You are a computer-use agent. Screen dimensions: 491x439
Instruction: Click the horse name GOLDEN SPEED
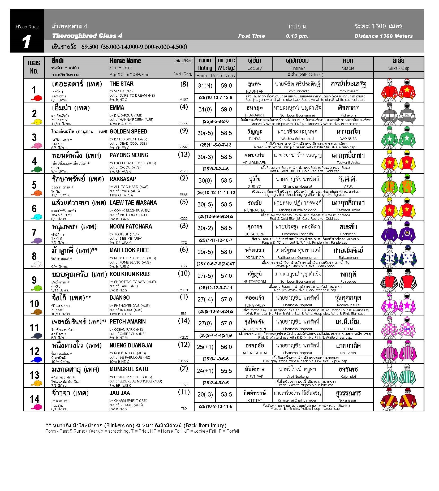tap(128, 132)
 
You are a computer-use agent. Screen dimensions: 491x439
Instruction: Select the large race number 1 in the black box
tap(27, 42)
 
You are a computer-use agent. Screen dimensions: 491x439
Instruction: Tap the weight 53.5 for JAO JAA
tap(226, 394)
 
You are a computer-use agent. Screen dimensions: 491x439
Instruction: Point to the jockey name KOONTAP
tap(255, 91)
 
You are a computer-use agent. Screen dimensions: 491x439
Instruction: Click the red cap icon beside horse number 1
tap(36, 98)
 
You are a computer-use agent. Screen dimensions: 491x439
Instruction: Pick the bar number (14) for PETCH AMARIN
tap(184, 321)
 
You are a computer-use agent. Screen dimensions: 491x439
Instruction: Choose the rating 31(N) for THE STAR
tap(205, 85)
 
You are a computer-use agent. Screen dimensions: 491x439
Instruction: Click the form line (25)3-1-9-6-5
tap(216, 359)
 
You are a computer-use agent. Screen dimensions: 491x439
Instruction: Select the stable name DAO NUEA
tap(348, 139)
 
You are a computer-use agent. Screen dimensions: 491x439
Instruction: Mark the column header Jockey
tap(255, 68)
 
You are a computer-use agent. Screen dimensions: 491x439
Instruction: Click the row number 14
tap(35, 399)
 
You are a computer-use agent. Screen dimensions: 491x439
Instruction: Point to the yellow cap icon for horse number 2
tap(36, 122)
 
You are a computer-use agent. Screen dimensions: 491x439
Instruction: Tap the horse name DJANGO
tap(120, 298)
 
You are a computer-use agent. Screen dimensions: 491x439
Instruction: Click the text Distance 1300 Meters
tap(384, 36)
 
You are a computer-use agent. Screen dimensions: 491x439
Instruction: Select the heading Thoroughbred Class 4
tap(87, 36)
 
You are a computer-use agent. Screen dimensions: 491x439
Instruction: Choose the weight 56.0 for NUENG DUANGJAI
tap(226, 347)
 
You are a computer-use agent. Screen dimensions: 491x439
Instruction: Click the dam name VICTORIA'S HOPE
tap(132, 215)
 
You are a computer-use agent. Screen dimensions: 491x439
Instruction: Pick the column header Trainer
tap(297, 68)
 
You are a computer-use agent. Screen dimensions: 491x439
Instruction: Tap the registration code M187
tap(184, 100)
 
